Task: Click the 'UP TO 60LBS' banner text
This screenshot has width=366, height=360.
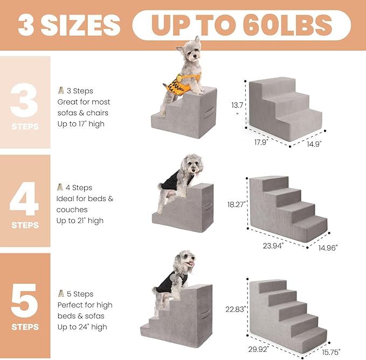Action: [x=241, y=25]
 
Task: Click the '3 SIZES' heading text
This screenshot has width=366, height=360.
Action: [x=69, y=25]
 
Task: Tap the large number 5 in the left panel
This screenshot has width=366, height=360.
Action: [x=24, y=299]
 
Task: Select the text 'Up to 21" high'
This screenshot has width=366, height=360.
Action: [x=80, y=220]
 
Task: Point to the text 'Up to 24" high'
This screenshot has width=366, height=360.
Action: [x=82, y=327]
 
